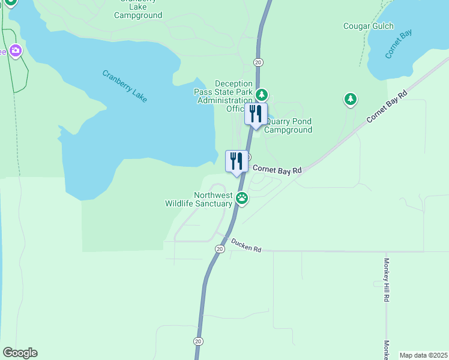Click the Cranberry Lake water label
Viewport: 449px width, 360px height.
point(125,86)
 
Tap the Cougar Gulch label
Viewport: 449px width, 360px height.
point(369,26)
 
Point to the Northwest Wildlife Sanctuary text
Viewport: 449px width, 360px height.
point(199,199)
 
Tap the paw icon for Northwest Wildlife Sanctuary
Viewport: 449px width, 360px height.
point(241,197)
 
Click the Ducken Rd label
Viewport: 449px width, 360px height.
point(247,248)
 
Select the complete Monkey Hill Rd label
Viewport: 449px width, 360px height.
point(387,281)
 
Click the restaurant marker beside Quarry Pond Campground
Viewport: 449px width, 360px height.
point(256,114)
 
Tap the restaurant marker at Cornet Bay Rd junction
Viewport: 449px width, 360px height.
point(237,161)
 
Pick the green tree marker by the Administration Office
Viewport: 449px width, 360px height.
point(261,95)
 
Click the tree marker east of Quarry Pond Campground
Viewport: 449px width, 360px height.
point(350,99)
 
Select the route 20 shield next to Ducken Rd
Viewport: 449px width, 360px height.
point(219,248)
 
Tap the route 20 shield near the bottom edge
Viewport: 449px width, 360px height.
point(198,341)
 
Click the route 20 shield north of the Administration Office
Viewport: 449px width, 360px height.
point(258,62)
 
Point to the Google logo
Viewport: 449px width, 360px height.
point(20,353)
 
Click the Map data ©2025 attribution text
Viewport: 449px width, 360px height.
point(423,355)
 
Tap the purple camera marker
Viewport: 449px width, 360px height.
point(16,51)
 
